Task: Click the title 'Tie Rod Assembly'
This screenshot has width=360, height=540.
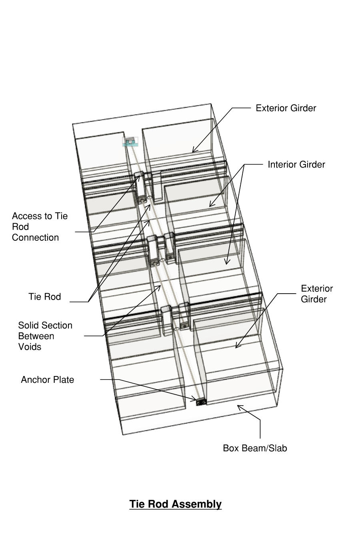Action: pos(175,504)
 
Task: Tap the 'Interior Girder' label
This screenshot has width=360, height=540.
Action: pos(296,164)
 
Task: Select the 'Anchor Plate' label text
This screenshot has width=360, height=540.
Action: pos(47,380)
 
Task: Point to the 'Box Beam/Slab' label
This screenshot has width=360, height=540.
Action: pos(255,448)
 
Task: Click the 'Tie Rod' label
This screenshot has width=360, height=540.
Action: pos(44,297)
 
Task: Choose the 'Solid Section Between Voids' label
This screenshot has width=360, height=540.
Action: pos(45,336)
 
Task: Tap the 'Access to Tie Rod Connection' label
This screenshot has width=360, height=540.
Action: pos(40,227)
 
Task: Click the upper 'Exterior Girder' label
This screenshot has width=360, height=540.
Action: pos(286,108)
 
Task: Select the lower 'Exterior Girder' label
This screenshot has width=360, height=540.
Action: pos(317,294)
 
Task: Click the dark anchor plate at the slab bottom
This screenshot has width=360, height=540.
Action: pos(201,401)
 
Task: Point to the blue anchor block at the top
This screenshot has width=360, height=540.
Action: pos(130,142)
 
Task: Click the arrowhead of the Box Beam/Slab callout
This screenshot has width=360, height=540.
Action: pos(238,406)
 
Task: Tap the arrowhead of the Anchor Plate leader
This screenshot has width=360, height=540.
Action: pos(195,400)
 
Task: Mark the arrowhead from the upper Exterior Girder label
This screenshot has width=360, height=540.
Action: pos(193,152)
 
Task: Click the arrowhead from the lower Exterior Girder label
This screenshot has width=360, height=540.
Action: pos(236,347)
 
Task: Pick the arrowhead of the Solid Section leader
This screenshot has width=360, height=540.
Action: pos(160,286)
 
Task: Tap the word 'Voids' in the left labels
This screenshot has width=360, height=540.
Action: pos(30,347)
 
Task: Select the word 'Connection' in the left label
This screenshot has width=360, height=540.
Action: pos(35,238)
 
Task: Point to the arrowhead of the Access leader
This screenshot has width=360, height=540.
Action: pos(140,173)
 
